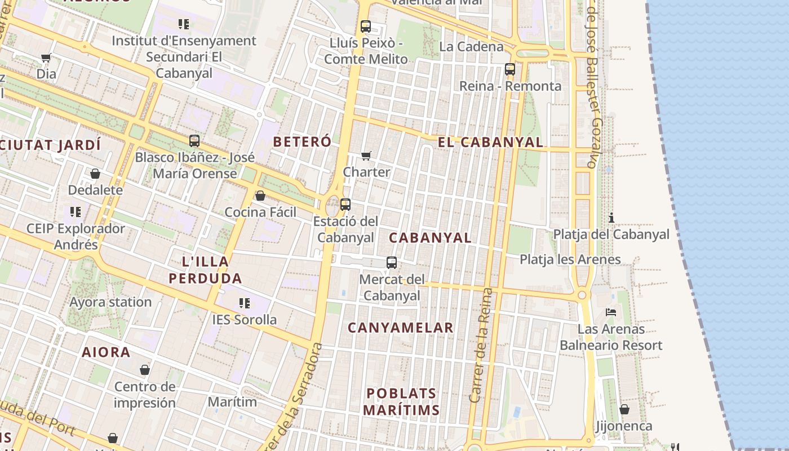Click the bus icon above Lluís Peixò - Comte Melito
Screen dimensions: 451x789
tap(366, 26)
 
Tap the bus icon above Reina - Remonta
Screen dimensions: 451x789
tap(510, 69)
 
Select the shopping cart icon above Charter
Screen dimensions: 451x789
tap(366, 156)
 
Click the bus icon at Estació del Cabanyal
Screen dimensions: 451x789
tap(345, 205)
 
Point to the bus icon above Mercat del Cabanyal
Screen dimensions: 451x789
tap(392, 262)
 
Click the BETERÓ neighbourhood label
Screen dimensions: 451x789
tap(302, 142)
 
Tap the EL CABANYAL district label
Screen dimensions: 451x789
tap(490, 142)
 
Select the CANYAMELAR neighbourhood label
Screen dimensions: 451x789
tap(400, 328)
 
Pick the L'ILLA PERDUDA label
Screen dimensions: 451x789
tap(205, 269)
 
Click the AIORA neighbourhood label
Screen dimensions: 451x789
tap(106, 352)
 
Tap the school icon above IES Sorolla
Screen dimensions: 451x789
tap(245, 303)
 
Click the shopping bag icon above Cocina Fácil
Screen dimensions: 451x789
tap(260, 196)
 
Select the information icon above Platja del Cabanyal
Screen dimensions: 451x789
tap(611, 218)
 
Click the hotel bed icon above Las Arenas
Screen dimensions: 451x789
tap(611, 312)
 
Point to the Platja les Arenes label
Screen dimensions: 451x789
tap(570, 259)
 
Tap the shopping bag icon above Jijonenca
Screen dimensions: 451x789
tap(624, 409)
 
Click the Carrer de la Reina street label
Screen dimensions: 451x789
tap(480, 345)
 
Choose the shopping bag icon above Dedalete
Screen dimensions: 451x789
tap(95, 174)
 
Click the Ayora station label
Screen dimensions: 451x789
tap(110, 302)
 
